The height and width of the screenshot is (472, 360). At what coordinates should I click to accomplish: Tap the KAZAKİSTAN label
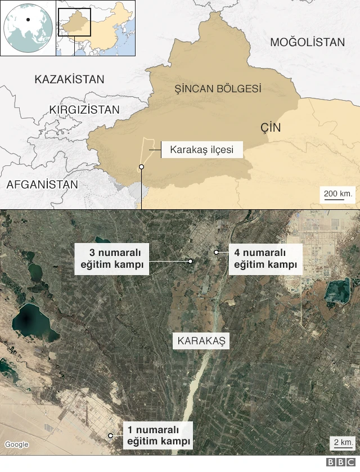click(69, 79)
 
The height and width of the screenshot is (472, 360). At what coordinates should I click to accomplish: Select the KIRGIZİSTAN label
click(84, 109)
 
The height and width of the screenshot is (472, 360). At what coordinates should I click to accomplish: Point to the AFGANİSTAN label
click(42, 185)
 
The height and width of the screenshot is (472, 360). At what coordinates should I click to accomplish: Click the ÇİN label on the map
click(271, 128)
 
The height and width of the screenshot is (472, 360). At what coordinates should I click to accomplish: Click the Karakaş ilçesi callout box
click(202, 150)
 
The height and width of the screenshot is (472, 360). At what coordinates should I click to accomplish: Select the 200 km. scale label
click(338, 194)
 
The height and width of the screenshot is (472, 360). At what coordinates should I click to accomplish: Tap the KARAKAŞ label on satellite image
click(201, 340)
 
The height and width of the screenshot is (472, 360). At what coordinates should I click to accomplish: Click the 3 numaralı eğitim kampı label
click(111, 259)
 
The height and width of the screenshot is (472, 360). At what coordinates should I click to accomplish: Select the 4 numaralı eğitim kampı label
click(265, 259)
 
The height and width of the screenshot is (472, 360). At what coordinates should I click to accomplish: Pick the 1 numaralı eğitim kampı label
click(157, 435)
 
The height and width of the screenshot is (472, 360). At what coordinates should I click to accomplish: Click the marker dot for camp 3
click(191, 261)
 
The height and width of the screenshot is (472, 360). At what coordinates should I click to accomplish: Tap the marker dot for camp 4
click(216, 253)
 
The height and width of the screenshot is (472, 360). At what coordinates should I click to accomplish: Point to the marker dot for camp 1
click(111, 435)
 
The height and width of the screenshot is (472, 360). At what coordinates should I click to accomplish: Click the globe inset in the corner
click(28, 28)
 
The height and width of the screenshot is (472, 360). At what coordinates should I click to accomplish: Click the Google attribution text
click(17, 444)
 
